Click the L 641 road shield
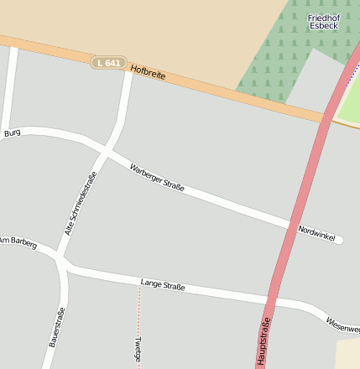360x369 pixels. (x=108, y=62)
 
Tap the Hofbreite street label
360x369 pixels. (x=149, y=73)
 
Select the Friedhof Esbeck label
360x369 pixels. (x=323, y=22)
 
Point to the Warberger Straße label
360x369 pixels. (x=157, y=177)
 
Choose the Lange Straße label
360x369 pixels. (x=163, y=286)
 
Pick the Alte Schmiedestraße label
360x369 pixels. (x=81, y=202)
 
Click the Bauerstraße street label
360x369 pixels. (x=56, y=328)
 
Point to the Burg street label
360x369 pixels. (x=12, y=133)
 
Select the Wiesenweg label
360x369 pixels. (x=343, y=323)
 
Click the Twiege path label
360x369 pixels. (x=138, y=349)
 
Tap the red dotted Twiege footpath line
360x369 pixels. (x=139, y=310)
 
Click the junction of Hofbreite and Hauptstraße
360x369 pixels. (x=325, y=117)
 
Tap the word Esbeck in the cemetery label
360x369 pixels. (x=323, y=26)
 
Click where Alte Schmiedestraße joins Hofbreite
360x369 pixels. (x=128, y=70)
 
